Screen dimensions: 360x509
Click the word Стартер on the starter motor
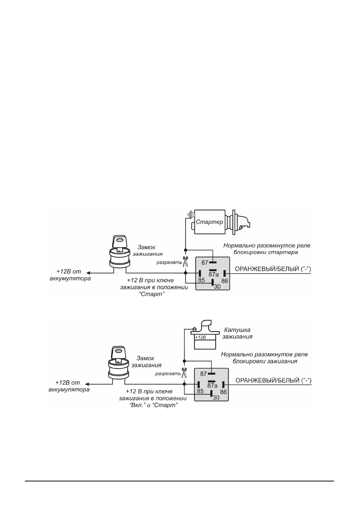tap(209, 222)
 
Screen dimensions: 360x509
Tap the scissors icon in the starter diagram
tap(186, 262)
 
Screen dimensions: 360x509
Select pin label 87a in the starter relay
tap(214, 275)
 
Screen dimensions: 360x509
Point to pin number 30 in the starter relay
tap(217, 287)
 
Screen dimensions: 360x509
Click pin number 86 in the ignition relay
tap(223, 392)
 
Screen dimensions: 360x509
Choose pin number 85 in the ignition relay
tap(200, 391)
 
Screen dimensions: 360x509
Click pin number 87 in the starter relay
tap(205, 262)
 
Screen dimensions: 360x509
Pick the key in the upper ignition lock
tap(120, 243)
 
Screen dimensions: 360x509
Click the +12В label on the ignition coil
tap(200, 337)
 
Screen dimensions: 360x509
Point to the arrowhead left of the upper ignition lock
tap(89, 273)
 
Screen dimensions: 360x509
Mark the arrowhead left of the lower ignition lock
tap(88, 384)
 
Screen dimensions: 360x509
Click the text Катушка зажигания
tap(237, 333)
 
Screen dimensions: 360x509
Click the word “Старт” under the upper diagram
tap(151, 294)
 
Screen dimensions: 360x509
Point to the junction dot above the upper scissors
tap(186, 250)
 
